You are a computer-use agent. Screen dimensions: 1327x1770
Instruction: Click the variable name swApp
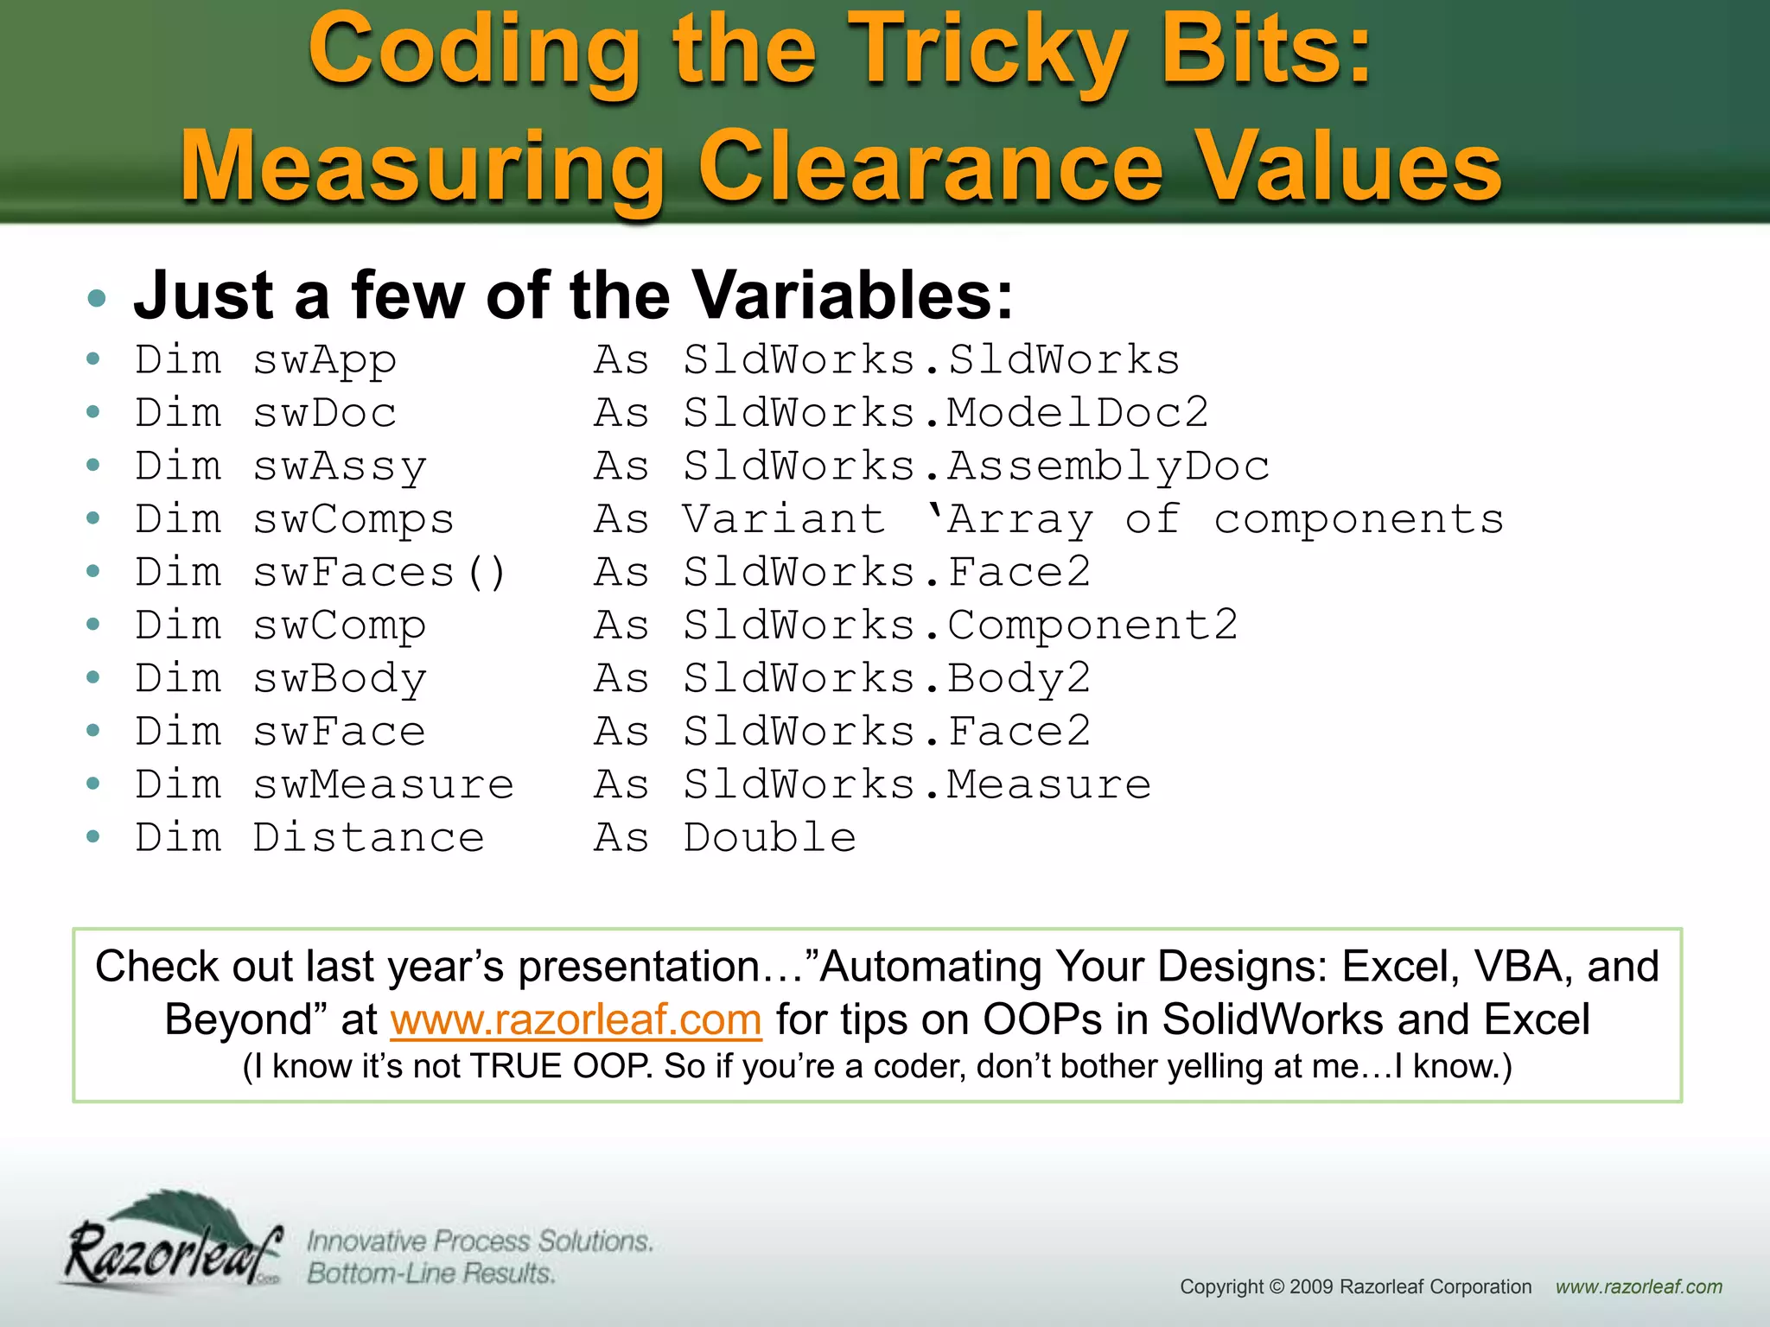coord(324,360)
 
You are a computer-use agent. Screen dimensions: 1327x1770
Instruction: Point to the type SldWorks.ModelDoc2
coord(945,413)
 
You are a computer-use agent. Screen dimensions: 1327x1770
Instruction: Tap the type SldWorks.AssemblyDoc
coord(976,467)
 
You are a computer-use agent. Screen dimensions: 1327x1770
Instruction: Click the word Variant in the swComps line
coord(784,520)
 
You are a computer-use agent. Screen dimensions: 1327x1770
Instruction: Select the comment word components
coord(1359,520)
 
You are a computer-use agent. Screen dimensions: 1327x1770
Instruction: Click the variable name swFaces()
coord(379,573)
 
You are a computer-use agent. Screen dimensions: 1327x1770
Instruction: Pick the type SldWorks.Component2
coord(960,625)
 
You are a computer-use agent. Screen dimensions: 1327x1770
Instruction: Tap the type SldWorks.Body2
coord(887,679)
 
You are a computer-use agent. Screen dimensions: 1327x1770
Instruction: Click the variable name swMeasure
coord(383,785)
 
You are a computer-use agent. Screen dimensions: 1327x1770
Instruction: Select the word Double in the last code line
coord(769,838)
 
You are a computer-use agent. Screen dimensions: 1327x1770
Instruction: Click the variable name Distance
coord(368,838)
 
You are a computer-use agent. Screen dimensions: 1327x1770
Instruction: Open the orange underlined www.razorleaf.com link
coord(576,1019)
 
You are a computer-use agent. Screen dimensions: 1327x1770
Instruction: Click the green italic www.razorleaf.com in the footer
coord(1639,1287)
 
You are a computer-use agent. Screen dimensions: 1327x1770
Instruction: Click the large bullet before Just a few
coord(97,299)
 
